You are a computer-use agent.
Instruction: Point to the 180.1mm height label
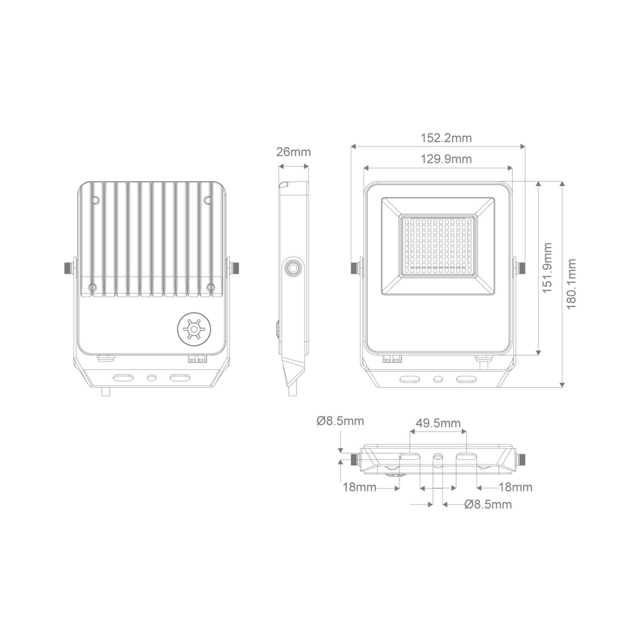(x=571, y=284)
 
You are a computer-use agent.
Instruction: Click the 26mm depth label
(x=293, y=151)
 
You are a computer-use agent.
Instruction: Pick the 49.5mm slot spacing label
(x=438, y=423)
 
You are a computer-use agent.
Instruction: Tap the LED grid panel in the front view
(x=438, y=246)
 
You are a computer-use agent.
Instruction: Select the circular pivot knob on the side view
(x=293, y=268)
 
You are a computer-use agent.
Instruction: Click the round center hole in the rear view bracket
(x=151, y=378)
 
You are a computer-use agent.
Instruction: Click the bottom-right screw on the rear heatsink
(x=210, y=288)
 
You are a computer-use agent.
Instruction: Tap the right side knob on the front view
(x=521, y=267)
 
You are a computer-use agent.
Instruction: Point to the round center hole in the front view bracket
(x=438, y=379)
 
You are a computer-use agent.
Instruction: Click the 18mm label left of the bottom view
(x=359, y=487)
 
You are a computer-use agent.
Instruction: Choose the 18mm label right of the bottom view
(x=515, y=487)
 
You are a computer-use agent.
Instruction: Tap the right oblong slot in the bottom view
(x=466, y=457)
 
